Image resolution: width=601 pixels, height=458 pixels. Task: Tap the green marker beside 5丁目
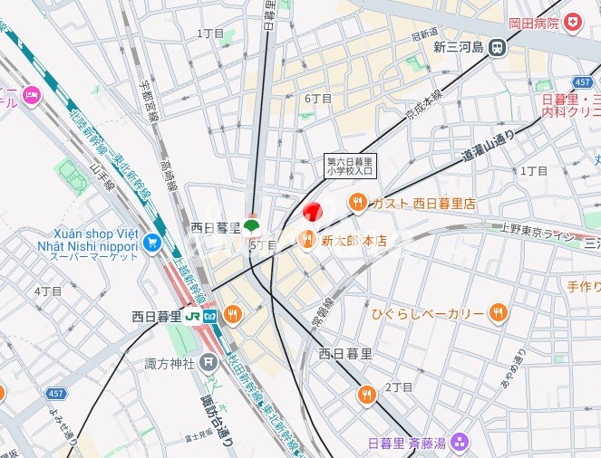tap(251, 224)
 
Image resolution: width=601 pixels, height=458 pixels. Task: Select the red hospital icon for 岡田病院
tap(572, 22)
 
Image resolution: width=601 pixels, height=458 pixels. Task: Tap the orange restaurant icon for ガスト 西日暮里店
tap(358, 204)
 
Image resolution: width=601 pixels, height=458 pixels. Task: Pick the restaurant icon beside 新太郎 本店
tap(305, 240)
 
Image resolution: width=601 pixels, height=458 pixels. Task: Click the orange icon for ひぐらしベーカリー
tap(497, 313)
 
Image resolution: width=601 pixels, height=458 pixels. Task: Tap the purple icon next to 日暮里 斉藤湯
tap(460, 442)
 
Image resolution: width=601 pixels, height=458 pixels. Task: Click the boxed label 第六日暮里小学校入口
tap(350, 166)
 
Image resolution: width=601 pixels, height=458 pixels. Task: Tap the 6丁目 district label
tap(318, 98)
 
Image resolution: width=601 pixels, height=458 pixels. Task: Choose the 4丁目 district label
tap(47, 291)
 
